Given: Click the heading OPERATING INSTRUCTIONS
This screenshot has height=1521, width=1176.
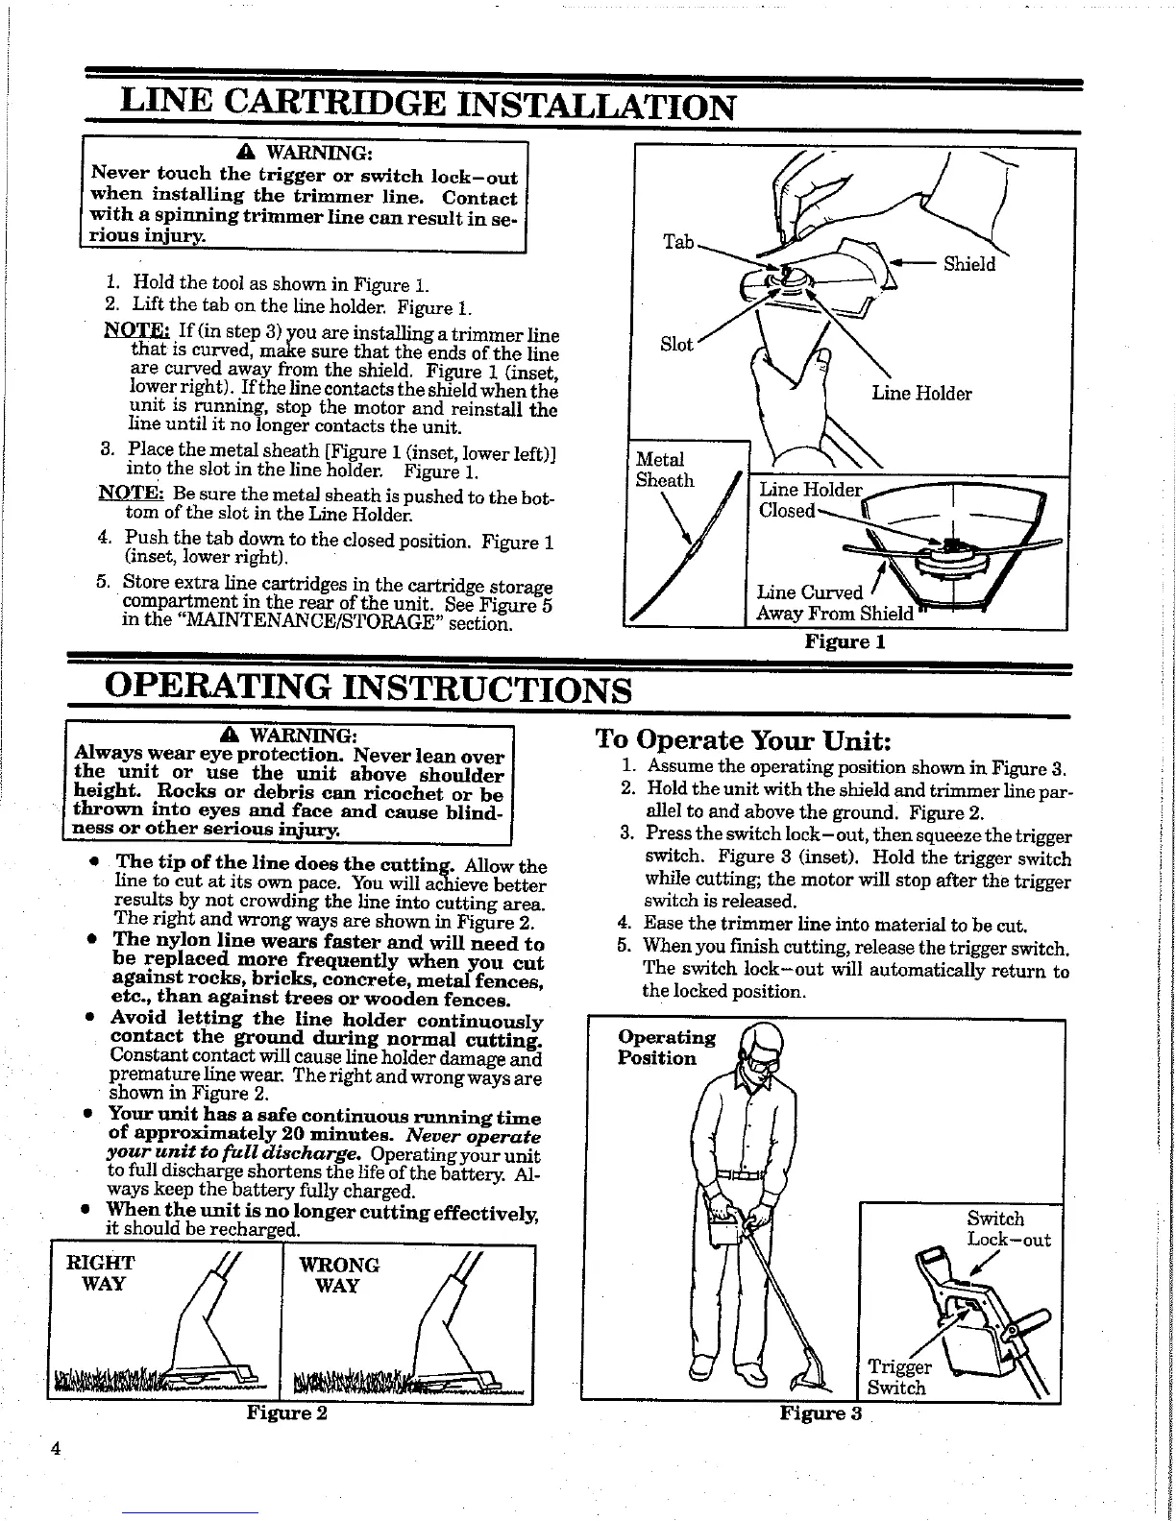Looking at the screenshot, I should (x=368, y=689).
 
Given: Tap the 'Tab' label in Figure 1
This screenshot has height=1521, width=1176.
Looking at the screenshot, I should (x=678, y=242).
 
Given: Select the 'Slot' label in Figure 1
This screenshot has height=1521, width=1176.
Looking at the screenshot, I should (x=676, y=344).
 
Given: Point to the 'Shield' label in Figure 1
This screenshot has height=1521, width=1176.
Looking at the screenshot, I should (x=969, y=264).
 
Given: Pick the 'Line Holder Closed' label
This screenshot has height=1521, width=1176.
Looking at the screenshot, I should (x=809, y=499).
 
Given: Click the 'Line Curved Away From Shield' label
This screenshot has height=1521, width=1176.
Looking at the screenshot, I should (x=834, y=603).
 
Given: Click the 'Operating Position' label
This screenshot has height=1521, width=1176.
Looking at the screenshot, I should (x=667, y=1048).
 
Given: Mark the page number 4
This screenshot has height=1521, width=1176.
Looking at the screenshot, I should (x=57, y=1476).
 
